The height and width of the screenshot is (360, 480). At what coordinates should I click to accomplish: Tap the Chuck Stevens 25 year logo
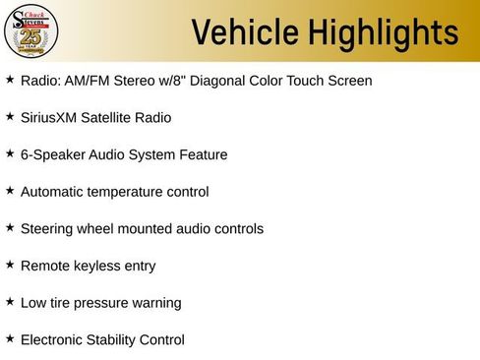point(30,30)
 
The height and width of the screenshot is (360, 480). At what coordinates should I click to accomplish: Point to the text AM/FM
point(86,81)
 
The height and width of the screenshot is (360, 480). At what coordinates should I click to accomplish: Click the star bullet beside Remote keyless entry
point(10,265)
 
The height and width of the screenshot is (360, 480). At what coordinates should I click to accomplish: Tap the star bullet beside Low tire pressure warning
point(10,301)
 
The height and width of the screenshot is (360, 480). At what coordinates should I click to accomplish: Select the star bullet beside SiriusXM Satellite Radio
point(10,116)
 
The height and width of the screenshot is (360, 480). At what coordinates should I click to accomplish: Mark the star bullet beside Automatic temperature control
point(10,191)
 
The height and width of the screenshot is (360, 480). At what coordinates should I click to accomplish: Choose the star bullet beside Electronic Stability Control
point(10,338)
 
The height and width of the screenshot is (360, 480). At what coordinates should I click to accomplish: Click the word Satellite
point(113,118)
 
